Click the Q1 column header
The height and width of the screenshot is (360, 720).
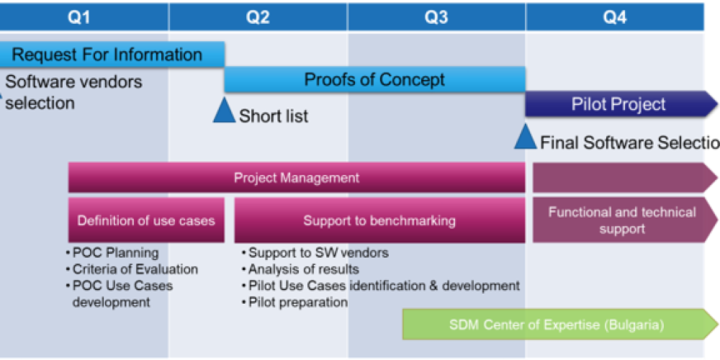tap(79, 17)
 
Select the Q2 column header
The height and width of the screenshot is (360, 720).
tap(258, 17)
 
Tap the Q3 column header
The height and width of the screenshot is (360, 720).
tap(436, 17)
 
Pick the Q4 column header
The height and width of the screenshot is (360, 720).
tap(614, 17)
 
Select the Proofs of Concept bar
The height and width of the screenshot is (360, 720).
tap(374, 79)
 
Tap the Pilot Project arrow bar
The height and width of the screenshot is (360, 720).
tap(619, 104)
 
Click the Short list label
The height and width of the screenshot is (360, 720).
tap(274, 116)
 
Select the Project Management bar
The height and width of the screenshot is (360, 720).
tap(297, 178)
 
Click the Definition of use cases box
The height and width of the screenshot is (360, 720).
tap(146, 220)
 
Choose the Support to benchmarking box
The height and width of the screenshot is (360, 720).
tap(379, 220)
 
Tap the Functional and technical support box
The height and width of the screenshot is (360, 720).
tap(622, 220)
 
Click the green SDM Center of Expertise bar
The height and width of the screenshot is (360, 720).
tap(556, 325)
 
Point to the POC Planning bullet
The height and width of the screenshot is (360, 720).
tap(115, 253)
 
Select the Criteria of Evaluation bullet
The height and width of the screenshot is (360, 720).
tap(135, 269)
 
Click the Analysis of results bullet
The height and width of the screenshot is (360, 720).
tap(303, 269)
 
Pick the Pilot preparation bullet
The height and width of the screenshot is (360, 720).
tap(297, 302)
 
